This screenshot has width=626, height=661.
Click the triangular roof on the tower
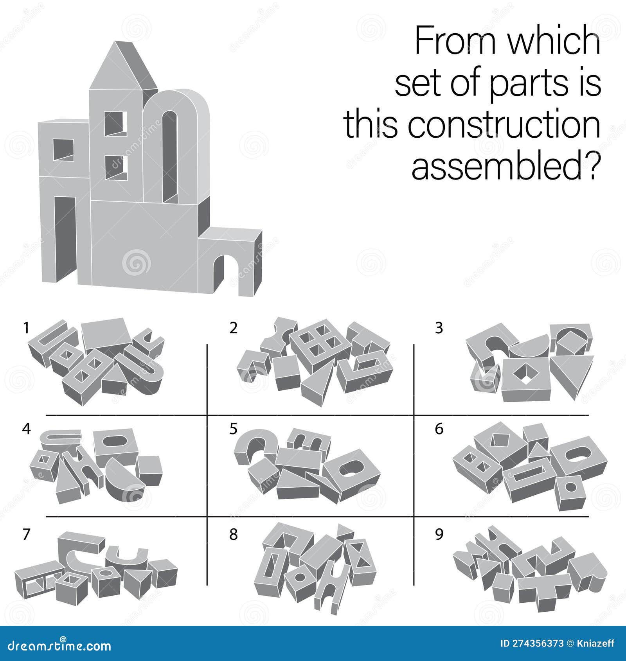click(117, 68)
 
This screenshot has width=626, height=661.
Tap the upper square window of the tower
click(116, 124)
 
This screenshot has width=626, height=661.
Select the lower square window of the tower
click(116, 167)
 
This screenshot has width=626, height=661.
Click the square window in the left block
click(63, 150)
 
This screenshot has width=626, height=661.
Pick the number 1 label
click(26, 328)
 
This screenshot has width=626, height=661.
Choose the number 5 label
click(233, 429)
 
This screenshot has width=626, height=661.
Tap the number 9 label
click(439, 534)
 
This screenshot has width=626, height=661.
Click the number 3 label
click(439, 328)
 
